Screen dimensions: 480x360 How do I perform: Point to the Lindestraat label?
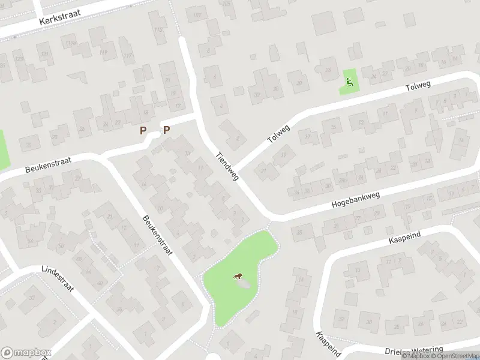[58, 280]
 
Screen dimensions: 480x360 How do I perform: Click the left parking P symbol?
[143, 130]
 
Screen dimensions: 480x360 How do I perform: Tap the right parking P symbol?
[166, 130]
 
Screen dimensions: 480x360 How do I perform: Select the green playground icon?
[349, 80]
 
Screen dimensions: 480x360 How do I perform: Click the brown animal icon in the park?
[238, 277]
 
